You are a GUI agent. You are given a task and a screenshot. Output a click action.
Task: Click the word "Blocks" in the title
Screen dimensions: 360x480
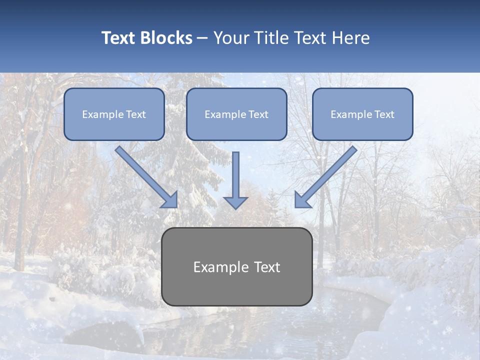pos(166,38)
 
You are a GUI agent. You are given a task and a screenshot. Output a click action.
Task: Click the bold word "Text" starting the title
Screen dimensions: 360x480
pos(119,38)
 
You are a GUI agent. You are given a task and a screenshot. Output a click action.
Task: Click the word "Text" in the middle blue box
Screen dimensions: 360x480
pos(257,114)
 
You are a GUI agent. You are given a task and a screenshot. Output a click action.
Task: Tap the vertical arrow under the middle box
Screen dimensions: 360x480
pos(235,175)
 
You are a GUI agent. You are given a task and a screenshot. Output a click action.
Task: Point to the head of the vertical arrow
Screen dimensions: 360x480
pos(235,202)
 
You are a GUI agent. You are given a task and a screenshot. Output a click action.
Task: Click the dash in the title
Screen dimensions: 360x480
pos(203,38)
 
